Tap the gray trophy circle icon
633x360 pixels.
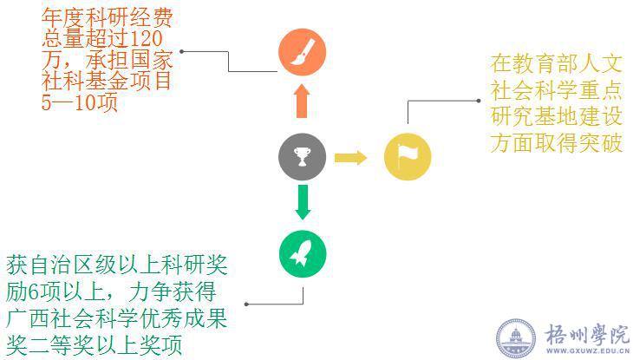302,157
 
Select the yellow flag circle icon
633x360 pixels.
407,157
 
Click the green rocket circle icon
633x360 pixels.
302,254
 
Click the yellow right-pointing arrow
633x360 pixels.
350,157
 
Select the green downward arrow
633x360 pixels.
302,202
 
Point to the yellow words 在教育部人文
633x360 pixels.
556,63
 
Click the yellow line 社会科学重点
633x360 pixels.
556,90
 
